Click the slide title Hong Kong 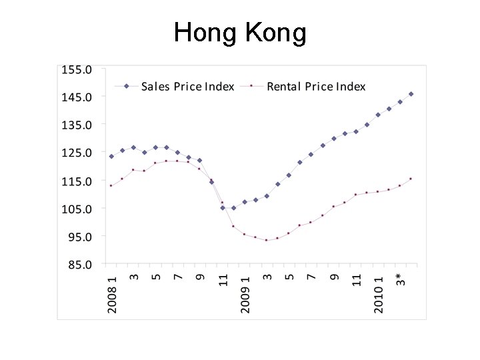tap(240, 32)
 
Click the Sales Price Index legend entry tap(187, 86)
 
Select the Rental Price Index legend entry tap(316, 86)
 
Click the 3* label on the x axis tap(400, 279)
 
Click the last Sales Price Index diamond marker tap(411, 94)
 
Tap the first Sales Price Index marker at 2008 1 tap(111, 157)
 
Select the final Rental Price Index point tap(411, 179)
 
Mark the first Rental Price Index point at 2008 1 tap(111, 185)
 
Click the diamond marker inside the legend tap(126, 86)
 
